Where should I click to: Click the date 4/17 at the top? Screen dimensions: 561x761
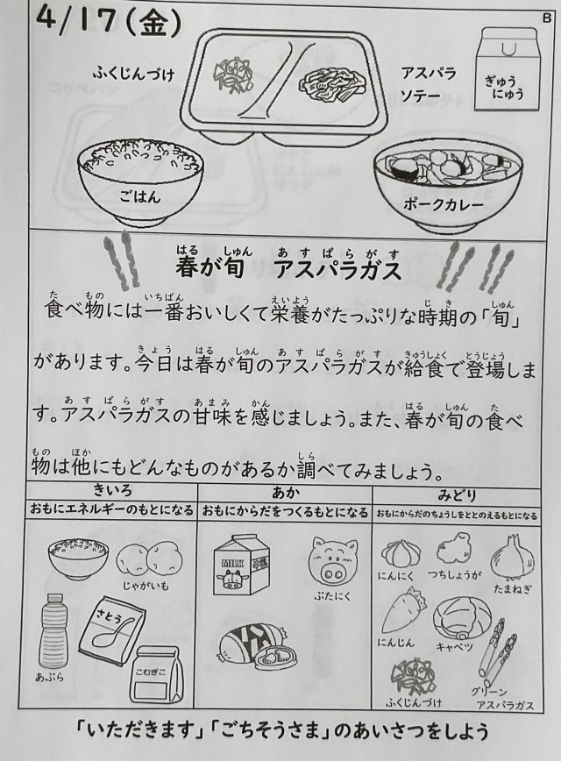(77, 20)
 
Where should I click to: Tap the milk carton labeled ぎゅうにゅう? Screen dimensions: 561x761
(508, 68)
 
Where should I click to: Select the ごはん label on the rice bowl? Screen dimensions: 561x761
(139, 196)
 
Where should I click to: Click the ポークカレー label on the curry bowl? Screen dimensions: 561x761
(443, 204)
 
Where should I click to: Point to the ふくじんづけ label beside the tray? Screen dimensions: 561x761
(133, 74)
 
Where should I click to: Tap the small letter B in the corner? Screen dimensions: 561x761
(546, 18)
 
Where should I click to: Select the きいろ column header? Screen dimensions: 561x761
(112, 491)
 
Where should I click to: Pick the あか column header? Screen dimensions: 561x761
(286, 493)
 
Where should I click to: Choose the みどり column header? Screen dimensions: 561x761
(457, 495)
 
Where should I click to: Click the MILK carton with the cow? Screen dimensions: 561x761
(241, 565)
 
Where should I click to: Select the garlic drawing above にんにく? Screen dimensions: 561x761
(401, 552)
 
